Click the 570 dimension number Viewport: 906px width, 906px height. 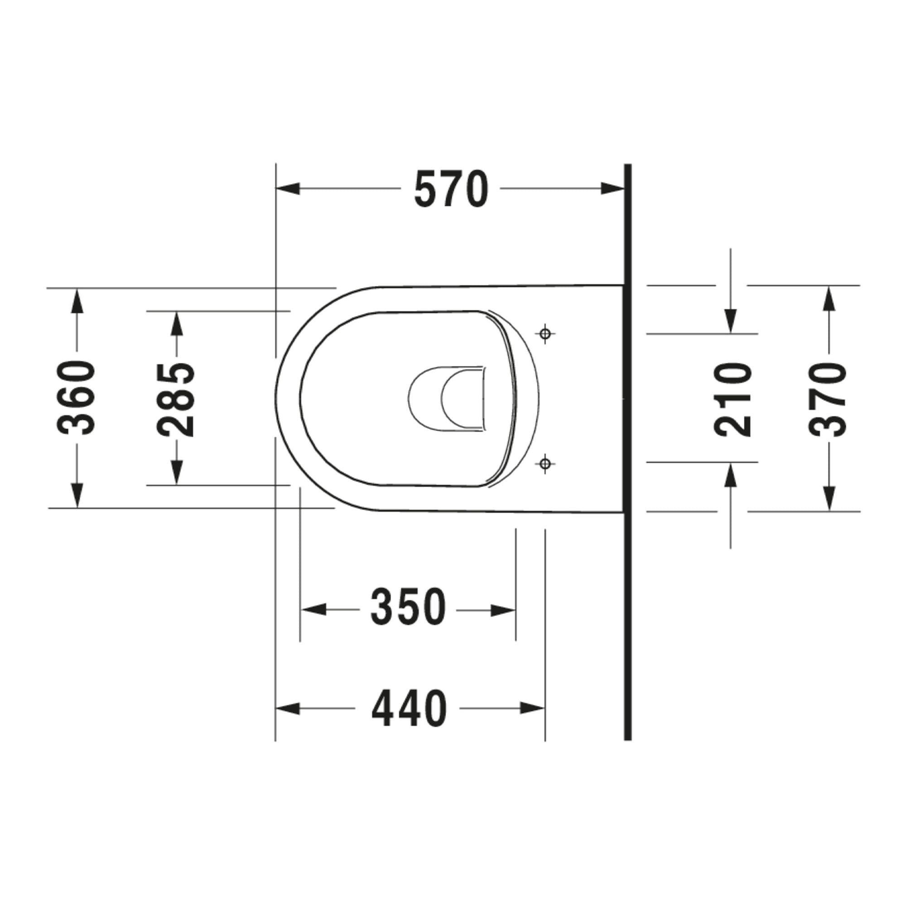coord(451,189)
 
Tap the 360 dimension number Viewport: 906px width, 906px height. coord(77,398)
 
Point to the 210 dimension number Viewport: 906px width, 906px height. coord(732,399)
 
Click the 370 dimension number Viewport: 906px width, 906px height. coord(829,399)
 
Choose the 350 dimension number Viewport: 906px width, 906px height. coord(408,607)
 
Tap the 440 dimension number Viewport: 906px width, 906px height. coord(409,708)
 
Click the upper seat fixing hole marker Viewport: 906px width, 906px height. coord(545,334)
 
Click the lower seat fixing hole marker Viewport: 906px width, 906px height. coord(545,464)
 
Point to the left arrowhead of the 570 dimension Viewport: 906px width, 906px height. coord(288,189)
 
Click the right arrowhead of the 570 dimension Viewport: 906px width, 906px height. coord(613,189)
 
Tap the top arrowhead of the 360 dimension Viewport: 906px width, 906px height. coord(77,301)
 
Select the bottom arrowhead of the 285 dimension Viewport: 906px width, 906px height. coord(176,472)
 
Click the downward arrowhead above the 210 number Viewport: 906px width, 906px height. coord(731,322)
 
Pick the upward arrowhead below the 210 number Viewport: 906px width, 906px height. coord(731,475)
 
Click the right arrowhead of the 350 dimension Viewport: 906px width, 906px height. coord(504,610)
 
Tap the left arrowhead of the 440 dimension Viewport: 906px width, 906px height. coord(288,708)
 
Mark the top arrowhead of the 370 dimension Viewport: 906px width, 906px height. coord(829,298)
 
